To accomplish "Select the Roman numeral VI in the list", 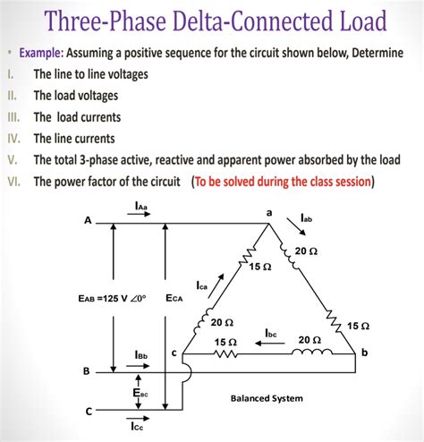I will (13, 181).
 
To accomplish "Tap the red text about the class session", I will (284, 181).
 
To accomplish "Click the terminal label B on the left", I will (87, 370).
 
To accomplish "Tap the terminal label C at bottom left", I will (87, 412).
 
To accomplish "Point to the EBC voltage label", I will (141, 391).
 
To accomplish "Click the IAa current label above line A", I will (142, 208).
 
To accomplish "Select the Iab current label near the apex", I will (307, 217).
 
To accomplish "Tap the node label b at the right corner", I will (363, 354).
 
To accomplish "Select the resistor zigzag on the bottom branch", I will (225, 354).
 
